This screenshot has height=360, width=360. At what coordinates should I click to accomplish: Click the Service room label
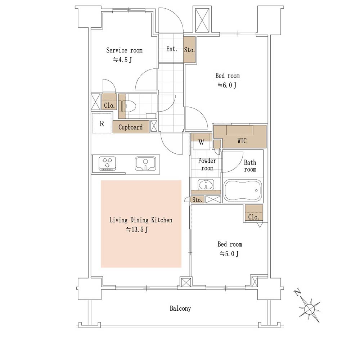coord(124,50)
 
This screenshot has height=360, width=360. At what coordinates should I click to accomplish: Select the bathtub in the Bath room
coord(243,191)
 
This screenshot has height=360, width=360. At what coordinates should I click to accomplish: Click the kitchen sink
coord(145,163)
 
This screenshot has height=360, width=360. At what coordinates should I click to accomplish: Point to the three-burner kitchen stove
coord(107,163)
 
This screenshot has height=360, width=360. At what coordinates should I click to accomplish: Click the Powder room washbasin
coord(206,184)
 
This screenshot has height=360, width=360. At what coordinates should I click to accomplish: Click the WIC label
coord(242,140)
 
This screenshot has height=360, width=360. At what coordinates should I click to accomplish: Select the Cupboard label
coord(130,127)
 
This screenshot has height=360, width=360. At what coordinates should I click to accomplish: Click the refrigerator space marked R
coord(102,123)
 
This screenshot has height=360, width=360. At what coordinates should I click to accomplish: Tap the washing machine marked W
coord(201,142)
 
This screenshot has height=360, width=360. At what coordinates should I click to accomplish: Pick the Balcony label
coord(180,309)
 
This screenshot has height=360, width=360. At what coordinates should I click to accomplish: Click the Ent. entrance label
coord(171,49)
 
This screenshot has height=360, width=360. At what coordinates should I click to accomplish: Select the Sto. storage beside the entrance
coord(189,49)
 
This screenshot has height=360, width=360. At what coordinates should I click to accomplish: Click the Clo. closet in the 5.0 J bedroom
coord(254,213)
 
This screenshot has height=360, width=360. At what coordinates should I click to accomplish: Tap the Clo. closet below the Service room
coord(109,102)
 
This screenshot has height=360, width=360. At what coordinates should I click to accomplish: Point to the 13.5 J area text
coord(137,229)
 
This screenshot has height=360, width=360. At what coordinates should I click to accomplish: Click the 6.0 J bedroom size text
coord(227,85)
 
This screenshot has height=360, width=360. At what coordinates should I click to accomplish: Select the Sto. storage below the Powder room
coord(197,200)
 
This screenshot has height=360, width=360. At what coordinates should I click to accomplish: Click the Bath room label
coord(250,166)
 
